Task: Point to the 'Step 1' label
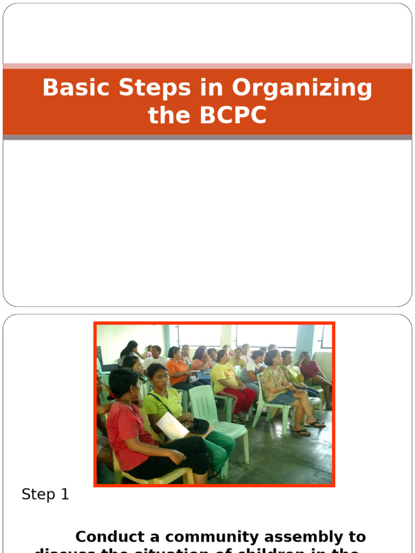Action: click(45, 494)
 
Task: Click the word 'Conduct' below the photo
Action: click(110, 537)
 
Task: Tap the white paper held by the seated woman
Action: click(172, 426)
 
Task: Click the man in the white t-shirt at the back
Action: click(155, 359)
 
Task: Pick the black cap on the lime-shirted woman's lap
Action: click(198, 426)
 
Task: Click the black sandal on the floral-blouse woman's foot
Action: click(301, 432)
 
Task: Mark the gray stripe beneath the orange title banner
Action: click(207, 138)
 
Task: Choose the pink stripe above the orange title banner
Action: click(207, 66)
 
